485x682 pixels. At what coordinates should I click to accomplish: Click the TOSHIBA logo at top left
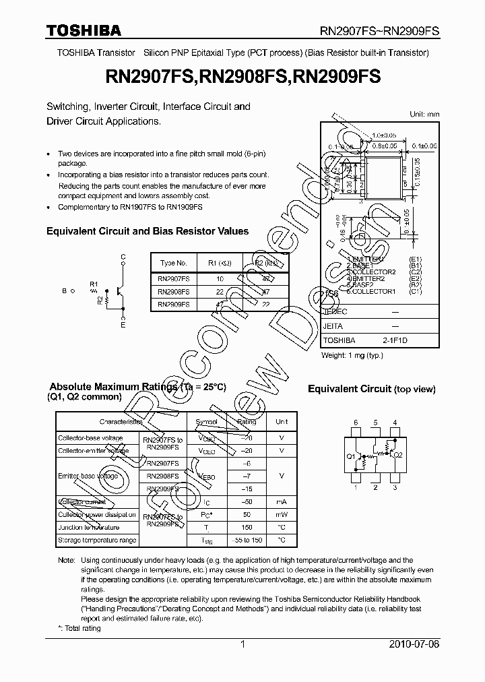click(84, 30)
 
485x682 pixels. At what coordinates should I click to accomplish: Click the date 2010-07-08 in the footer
click(414, 645)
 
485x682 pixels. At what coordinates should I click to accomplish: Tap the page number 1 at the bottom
click(243, 645)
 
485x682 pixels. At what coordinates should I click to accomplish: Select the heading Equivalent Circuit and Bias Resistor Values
click(148, 231)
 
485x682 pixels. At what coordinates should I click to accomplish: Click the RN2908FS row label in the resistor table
click(173, 292)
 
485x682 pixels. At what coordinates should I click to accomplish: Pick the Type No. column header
click(173, 263)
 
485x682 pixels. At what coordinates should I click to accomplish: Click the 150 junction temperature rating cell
click(247, 527)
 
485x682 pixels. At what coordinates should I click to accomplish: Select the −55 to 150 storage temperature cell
click(247, 540)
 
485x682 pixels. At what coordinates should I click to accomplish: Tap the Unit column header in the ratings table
click(282, 422)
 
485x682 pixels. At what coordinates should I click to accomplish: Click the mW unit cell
click(282, 515)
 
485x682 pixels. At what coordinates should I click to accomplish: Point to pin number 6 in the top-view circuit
click(356, 423)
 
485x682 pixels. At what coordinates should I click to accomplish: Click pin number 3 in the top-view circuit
click(395, 487)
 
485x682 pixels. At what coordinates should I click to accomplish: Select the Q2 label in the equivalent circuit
click(398, 455)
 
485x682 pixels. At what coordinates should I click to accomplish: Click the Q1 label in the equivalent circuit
click(351, 456)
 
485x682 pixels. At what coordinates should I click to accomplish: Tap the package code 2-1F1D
click(395, 341)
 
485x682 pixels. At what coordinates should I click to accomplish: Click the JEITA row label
click(333, 326)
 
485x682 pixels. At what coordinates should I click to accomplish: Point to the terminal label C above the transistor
click(123, 257)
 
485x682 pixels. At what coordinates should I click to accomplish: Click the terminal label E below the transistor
click(123, 325)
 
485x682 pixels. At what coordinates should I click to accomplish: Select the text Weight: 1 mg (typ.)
click(352, 355)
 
